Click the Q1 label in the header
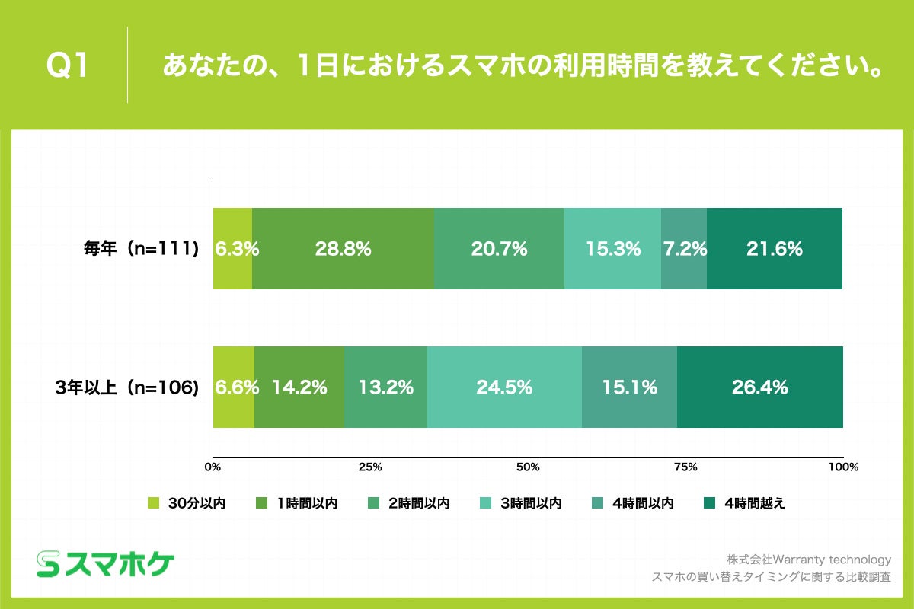click(69, 66)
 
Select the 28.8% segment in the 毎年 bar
click(343, 248)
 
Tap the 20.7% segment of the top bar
click(499, 248)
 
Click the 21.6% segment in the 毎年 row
click(774, 248)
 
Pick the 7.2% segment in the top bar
click(683, 248)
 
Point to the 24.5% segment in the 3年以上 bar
click(504, 387)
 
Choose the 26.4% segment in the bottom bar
click(759, 387)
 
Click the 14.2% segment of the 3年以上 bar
click(299, 387)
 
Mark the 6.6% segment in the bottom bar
click(234, 387)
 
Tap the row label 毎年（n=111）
click(142, 248)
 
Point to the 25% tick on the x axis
click(370, 466)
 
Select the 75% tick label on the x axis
click(685, 466)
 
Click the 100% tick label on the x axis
click(842, 466)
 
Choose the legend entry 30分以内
click(187, 503)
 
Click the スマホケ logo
click(106, 563)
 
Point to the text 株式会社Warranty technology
click(809, 560)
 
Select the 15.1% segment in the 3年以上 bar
click(629, 387)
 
